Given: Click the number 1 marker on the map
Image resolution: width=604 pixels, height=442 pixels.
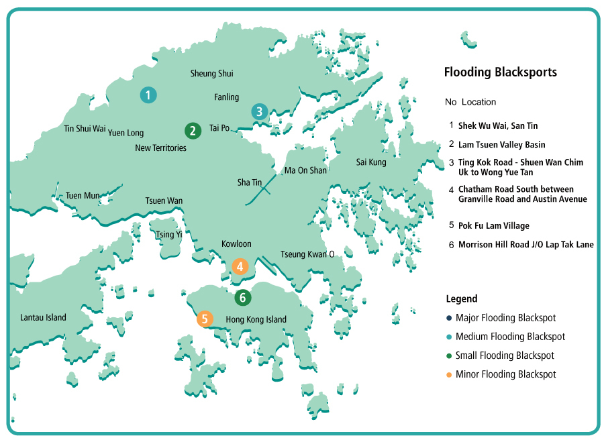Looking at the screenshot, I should (x=148, y=95).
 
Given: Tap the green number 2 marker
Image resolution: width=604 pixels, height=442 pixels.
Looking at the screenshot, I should (x=193, y=130).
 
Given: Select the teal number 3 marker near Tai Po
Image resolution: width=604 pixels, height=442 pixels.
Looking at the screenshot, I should (x=260, y=111).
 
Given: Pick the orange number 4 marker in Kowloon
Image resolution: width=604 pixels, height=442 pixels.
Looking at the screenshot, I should (x=240, y=266).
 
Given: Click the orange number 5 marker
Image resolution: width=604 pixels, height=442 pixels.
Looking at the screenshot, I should (x=205, y=319).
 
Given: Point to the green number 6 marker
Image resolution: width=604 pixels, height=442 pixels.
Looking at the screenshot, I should (x=244, y=296).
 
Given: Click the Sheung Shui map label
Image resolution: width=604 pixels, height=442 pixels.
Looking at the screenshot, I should (x=211, y=74).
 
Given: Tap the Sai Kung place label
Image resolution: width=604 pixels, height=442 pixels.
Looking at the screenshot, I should (x=371, y=162).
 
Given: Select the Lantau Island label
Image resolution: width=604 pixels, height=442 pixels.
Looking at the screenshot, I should (x=43, y=317).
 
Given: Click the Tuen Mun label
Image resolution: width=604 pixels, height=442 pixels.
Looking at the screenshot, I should (x=83, y=196).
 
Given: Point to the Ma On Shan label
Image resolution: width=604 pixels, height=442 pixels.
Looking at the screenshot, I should (x=305, y=170).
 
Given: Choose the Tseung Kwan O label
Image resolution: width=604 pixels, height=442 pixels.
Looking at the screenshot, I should (x=307, y=254).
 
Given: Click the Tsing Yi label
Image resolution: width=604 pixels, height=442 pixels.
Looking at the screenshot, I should (x=168, y=235).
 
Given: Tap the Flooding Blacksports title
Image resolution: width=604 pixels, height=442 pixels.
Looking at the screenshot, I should (x=501, y=72).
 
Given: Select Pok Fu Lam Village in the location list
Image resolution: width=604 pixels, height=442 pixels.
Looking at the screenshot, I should (x=493, y=226).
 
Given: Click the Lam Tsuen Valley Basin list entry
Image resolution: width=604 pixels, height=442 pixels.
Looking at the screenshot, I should (x=501, y=145).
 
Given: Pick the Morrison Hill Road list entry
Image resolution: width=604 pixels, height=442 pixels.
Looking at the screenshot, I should (x=525, y=245).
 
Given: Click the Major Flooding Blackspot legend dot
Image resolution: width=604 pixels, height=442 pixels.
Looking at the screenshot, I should (x=448, y=318).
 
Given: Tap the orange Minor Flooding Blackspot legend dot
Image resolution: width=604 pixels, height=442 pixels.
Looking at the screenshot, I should (x=448, y=374).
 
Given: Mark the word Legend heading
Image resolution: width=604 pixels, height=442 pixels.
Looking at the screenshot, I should (x=462, y=299).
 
